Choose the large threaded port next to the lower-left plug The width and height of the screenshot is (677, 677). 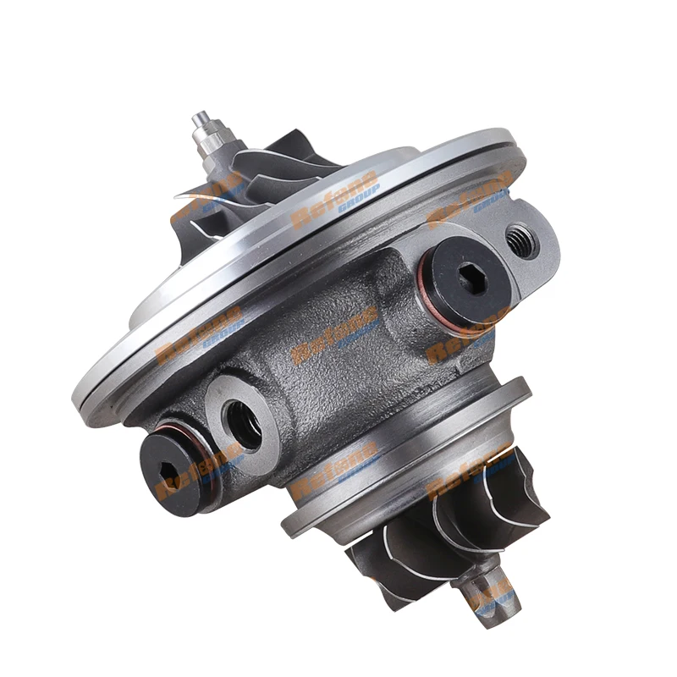[x=245, y=421]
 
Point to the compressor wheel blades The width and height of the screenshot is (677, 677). [x=254, y=169]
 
